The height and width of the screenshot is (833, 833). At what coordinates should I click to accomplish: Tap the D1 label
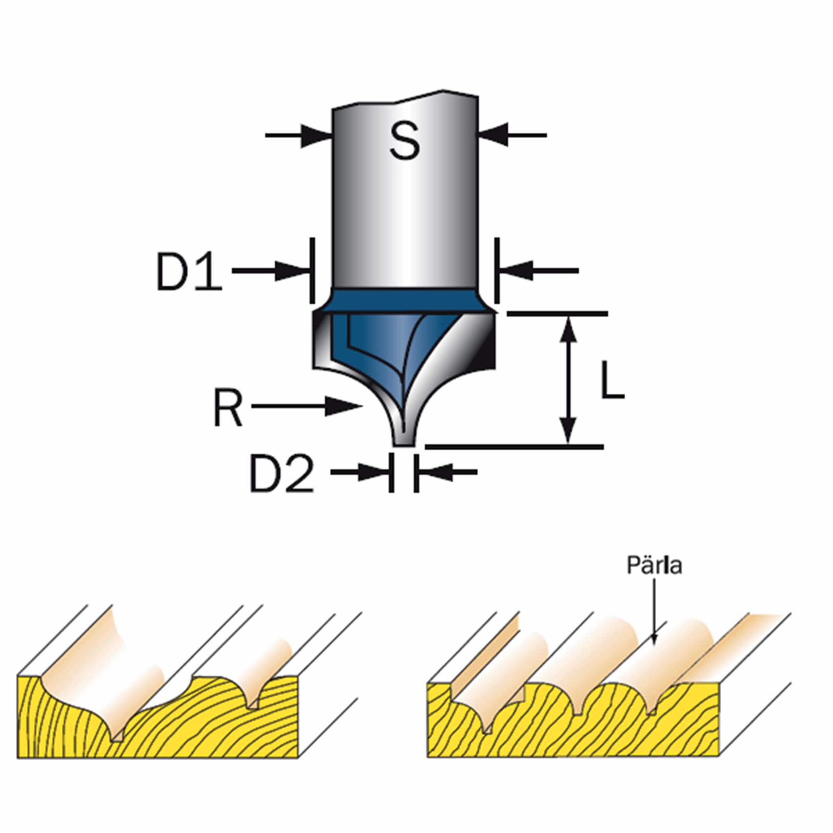[x=189, y=271]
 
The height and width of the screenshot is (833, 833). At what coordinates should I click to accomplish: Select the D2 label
[x=281, y=473]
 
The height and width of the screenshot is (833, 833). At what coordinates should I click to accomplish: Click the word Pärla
[x=654, y=566]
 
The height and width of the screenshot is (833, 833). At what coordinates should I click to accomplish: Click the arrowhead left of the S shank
[x=317, y=135]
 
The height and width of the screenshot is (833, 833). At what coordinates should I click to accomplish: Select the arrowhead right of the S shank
[x=494, y=135]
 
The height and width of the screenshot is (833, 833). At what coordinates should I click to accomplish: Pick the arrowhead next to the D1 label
[x=293, y=271]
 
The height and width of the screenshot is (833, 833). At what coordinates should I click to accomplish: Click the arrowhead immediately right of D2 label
[x=375, y=472]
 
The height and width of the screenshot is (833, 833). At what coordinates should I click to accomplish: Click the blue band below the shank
[x=405, y=300]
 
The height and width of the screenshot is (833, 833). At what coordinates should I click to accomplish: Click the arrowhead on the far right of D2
[x=433, y=472]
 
